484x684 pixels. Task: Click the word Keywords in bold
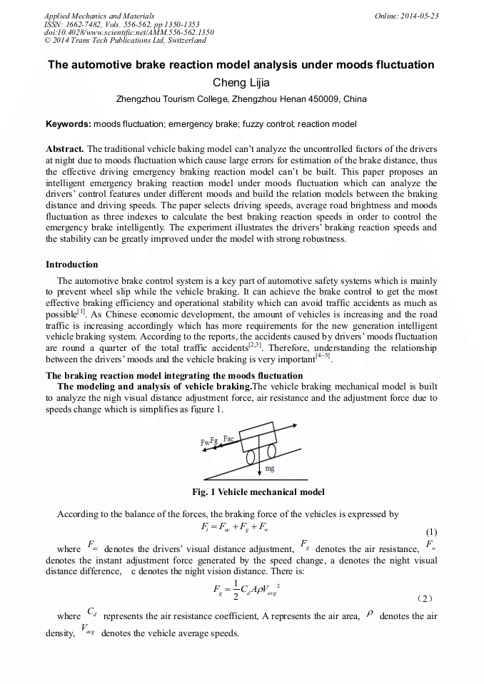pos(68,124)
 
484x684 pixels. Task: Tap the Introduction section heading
pos(72,265)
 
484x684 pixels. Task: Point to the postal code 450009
pos(325,99)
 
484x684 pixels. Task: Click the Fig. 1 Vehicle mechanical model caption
pos(258,492)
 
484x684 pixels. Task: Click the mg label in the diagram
pos(270,469)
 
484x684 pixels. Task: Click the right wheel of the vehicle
pos(271,451)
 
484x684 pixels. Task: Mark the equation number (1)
pos(431,532)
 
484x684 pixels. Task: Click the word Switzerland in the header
pos(179,41)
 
